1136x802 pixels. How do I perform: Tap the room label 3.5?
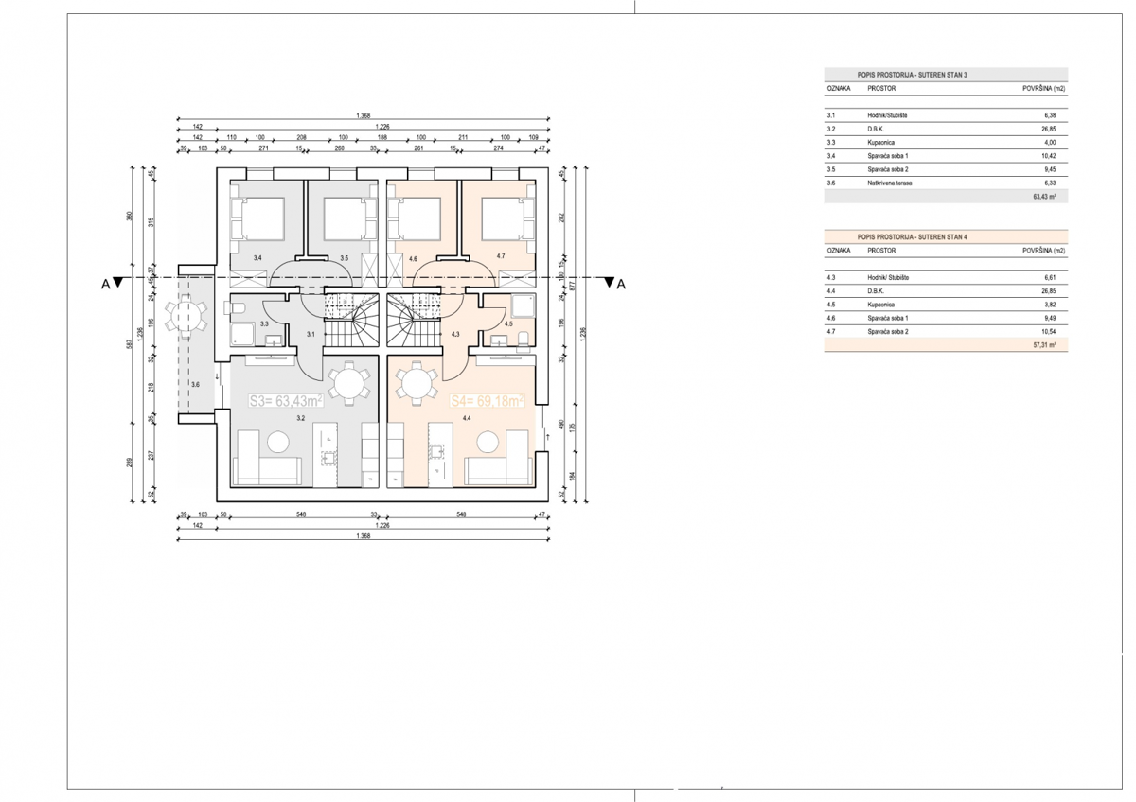click(x=345, y=257)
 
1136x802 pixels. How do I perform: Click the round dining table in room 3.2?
click(x=347, y=384)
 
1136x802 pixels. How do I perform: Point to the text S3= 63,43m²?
click(x=286, y=401)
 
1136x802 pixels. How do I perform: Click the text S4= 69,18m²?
click(x=487, y=401)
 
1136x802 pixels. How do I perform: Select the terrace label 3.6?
click(x=195, y=385)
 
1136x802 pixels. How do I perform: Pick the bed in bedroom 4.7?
click(x=503, y=219)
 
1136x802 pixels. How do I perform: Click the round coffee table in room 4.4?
click(x=489, y=442)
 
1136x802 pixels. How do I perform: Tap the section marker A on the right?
click(x=621, y=283)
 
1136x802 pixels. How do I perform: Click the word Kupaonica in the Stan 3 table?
click(x=884, y=142)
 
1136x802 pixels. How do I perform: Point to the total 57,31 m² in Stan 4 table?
click(x=1045, y=345)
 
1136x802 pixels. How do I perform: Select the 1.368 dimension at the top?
click(x=364, y=115)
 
